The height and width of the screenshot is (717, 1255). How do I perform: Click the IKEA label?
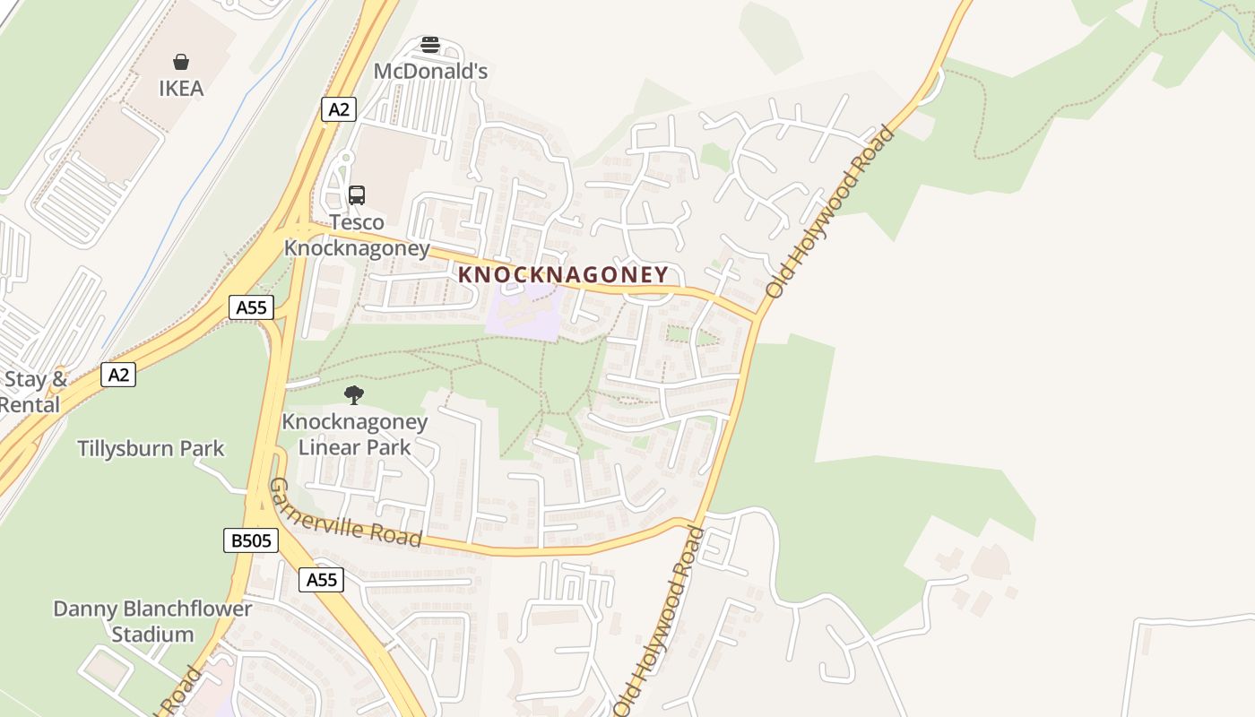click(181, 89)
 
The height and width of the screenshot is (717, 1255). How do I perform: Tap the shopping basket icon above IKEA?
click(181, 62)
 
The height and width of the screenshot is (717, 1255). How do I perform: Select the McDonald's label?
click(430, 71)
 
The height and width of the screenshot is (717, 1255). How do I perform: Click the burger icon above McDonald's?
click(430, 45)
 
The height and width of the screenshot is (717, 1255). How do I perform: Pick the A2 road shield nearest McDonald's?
click(338, 109)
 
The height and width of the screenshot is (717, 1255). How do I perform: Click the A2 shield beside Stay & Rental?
click(118, 374)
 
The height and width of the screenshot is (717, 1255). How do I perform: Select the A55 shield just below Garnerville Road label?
click(321, 580)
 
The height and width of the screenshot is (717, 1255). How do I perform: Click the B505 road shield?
click(250, 540)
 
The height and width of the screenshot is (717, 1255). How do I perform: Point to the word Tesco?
click(356, 222)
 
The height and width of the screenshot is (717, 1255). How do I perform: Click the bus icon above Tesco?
click(356, 195)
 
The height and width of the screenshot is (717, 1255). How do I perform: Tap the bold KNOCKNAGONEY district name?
click(563, 275)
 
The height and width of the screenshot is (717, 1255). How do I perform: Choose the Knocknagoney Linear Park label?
click(355, 434)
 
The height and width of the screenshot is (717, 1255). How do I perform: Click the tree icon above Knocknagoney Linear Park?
click(354, 394)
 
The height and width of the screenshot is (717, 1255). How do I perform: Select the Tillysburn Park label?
click(151, 448)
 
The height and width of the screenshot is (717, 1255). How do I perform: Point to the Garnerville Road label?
click(345, 514)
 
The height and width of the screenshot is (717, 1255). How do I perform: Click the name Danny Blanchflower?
click(152, 609)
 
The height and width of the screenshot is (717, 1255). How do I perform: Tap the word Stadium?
click(152, 635)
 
